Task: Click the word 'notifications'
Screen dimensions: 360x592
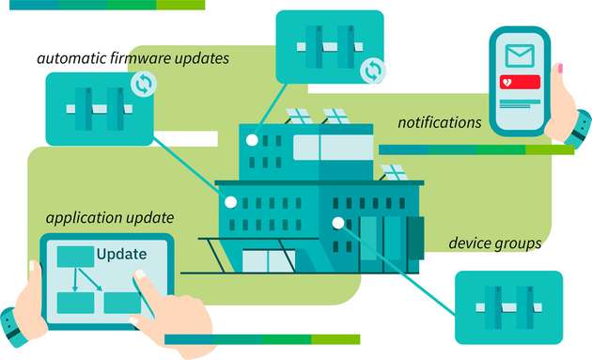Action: pyautogui.click(x=439, y=123)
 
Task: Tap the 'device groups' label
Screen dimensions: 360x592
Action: pyautogui.click(x=494, y=243)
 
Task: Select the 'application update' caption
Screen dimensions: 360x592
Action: pyautogui.click(x=109, y=218)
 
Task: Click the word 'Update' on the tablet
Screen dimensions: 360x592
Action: pyautogui.click(x=121, y=255)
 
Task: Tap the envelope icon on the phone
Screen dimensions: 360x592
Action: pyautogui.click(x=519, y=55)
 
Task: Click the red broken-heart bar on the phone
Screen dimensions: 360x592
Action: pyautogui.click(x=521, y=82)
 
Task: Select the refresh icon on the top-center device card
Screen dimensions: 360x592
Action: pyautogui.click(x=372, y=68)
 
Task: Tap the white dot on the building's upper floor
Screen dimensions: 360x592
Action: pyautogui.click(x=252, y=140)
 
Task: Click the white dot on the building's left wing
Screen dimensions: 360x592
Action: pyautogui.click(x=230, y=201)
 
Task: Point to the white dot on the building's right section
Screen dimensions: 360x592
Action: pyautogui.click(x=338, y=223)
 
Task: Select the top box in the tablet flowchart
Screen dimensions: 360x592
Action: pyautogui.click(x=76, y=257)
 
